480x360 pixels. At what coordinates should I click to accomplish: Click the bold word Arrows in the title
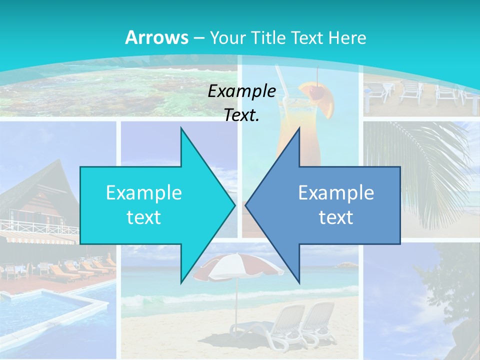[x=156, y=37]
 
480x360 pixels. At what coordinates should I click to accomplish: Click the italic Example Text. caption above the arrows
[x=241, y=103]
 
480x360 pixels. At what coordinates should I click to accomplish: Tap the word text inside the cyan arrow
[x=143, y=217]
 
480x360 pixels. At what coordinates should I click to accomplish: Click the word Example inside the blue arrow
[x=336, y=192]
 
